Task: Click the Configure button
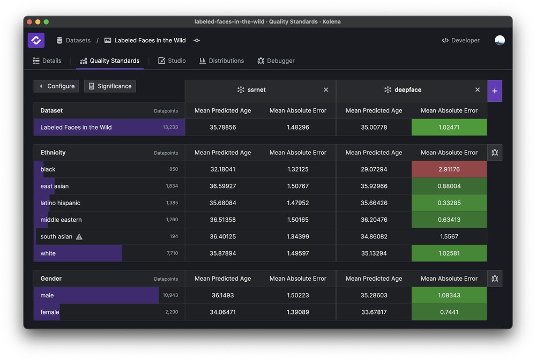tap(56, 86)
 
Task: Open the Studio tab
tap(172, 61)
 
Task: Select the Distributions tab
tap(221, 61)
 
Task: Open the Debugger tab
tap(276, 61)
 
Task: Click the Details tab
tap(47, 61)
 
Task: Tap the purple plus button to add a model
tap(494, 91)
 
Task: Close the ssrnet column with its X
tap(326, 90)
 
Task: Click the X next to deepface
tap(478, 90)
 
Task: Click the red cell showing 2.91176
tap(449, 169)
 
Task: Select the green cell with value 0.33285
tap(449, 203)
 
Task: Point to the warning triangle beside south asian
tap(79, 237)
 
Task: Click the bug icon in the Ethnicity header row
tap(495, 153)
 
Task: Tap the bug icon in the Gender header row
tap(495, 279)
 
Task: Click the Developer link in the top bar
tap(460, 41)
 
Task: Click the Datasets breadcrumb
tap(73, 41)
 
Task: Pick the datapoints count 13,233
tap(170, 127)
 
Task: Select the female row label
tap(50, 312)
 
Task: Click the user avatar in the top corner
tap(500, 41)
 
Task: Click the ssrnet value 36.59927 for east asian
tap(222, 186)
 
